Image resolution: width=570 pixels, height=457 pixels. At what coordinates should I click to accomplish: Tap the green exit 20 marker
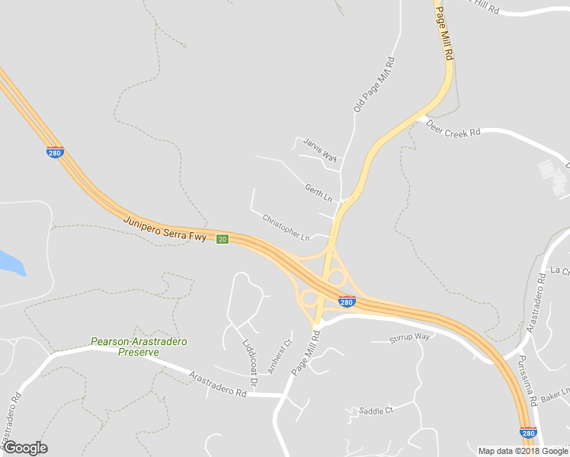coord(222,239)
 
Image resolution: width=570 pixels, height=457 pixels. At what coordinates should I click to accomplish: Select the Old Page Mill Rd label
coord(374,85)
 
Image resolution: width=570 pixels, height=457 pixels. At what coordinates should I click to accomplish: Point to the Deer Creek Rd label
coord(453,127)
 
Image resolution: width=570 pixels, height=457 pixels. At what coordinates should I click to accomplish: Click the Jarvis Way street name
coord(320,149)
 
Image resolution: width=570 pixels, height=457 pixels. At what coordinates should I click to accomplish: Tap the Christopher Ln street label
coord(286,228)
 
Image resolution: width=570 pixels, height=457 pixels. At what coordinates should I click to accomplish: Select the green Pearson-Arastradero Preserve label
coord(125,347)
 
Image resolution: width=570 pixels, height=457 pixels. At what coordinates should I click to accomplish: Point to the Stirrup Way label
coord(410,337)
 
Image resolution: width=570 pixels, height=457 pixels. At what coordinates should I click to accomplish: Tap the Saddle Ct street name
coord(376,410)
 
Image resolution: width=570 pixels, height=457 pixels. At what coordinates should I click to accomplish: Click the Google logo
coord(25,448)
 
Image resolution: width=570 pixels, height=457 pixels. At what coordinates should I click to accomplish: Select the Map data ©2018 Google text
coord(522,450)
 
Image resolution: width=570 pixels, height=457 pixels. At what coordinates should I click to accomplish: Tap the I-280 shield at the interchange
coord(347,302)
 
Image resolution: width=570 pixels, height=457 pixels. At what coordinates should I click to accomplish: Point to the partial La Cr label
coord(559,270)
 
